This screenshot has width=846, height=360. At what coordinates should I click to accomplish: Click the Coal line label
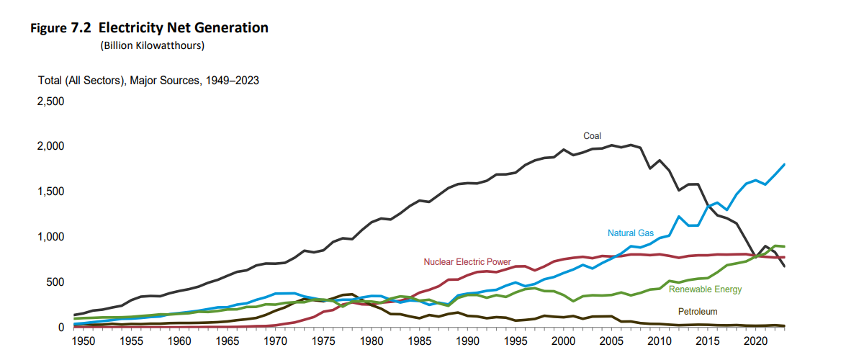[x=592, y=135]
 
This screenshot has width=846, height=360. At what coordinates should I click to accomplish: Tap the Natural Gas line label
[x=631, y=233]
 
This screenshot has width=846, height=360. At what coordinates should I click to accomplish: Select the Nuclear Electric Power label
[x=467, y=261]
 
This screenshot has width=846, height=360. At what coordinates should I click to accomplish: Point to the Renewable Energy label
[x=705, y=289]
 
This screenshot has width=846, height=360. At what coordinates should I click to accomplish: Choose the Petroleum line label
[x=698, y=311]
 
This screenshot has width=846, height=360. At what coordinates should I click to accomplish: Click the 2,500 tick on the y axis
[x=51, y=102]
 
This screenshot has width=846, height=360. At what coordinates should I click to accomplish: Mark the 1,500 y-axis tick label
[x=51, y=192]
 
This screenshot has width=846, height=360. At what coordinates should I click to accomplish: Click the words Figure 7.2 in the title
[x=60, y=28]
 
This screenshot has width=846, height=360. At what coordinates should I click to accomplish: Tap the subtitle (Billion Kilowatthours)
[x=153, y=46]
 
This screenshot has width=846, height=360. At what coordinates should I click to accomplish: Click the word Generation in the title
[x=232, y=28]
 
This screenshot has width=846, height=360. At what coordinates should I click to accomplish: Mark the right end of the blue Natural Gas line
[x=784, y=164]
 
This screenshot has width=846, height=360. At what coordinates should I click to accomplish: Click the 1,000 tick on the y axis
[x=51, y=237]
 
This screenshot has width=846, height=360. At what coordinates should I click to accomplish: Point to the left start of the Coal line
[x=75, y=315]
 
